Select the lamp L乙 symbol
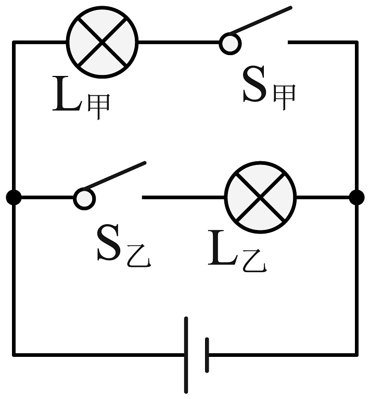click(x=260, y=198)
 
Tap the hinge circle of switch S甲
click(x=229, y=43)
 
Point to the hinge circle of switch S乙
click(x=84, y=198)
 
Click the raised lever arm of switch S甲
click(x=260, y=20)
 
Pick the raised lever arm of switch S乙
click(x=116, y=175)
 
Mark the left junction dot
click(x=14, y=198)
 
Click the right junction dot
click(x=356, y=198)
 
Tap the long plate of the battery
click(x=186, y=354)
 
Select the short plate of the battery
click(x=207, y=355)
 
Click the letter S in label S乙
click(x=110, y=245)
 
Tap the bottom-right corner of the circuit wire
click(x=357, y=355)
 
